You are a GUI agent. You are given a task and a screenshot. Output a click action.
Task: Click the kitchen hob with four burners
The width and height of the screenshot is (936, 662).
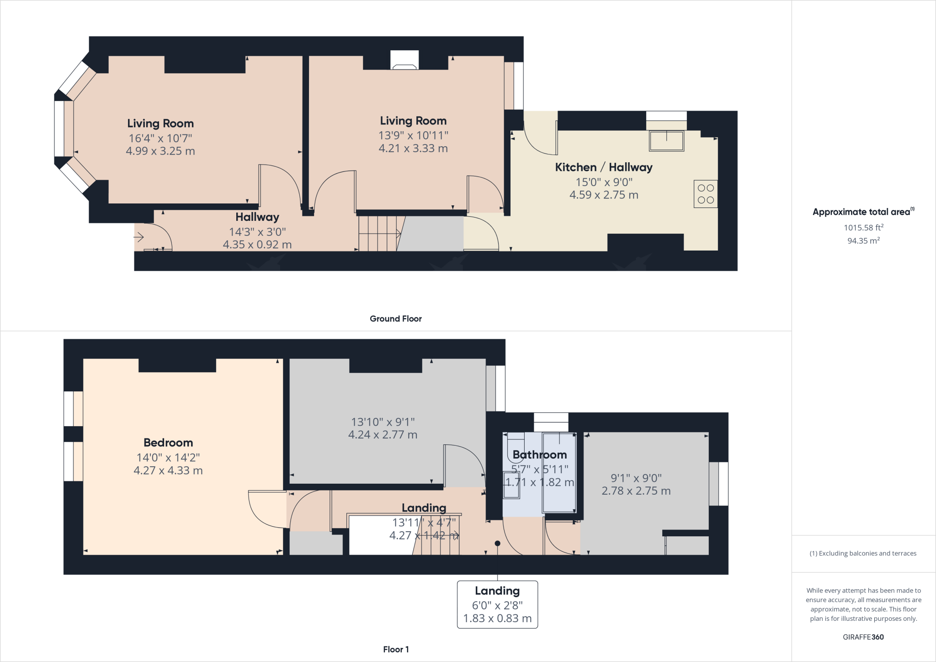click(706, 194)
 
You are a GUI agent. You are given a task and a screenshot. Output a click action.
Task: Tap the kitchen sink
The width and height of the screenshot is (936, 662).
click(666, 141)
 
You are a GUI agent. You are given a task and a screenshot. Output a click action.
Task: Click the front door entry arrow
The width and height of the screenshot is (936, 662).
click(138, 237)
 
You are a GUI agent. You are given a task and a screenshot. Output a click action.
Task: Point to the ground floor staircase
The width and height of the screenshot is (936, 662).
click(379, 234)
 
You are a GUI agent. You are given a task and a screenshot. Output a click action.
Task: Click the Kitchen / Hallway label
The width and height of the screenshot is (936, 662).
click(604, 167)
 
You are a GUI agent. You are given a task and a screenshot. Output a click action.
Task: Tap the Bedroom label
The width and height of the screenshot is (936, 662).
click(168, 443)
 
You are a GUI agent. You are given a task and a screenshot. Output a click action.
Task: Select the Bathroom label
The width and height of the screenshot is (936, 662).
click(540, 454)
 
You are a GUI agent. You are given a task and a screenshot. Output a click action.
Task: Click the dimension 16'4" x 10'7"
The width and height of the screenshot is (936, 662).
click(160, 138)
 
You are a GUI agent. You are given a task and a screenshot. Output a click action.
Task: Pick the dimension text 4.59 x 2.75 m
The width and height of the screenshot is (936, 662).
click(604, 195)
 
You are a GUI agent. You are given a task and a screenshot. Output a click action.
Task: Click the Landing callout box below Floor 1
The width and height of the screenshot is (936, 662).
click(497, 604)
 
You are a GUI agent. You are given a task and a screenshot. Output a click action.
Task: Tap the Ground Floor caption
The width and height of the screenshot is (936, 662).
click(396, 319)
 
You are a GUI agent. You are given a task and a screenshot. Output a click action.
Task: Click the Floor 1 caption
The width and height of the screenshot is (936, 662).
click(396, 649)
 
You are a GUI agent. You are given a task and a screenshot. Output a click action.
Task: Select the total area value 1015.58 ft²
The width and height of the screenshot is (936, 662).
click(864, 227)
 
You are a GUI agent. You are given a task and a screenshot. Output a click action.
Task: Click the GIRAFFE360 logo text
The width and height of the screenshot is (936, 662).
click(863, 637)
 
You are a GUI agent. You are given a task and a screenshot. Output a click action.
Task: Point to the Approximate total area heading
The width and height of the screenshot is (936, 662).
click(864, 212)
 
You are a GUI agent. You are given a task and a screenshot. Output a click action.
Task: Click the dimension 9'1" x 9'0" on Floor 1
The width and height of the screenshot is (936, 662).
click(636, 478)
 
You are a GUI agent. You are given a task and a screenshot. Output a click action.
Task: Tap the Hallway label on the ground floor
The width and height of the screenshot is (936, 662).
click(257, 217)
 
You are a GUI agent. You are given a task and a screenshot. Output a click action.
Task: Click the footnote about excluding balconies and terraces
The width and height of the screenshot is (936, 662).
click(863, 553)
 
